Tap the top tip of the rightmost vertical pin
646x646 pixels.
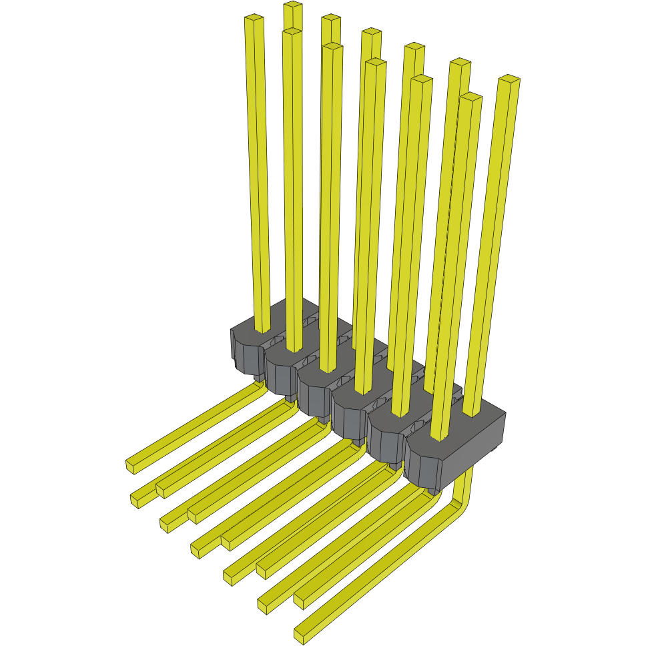(x=509, y=80)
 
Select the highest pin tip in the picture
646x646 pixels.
(x=292, y=6)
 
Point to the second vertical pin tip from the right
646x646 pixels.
(x=471, y=97)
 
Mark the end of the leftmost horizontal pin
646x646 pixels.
(x=133, y=465)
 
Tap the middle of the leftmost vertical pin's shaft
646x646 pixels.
(x=258, y=174)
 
